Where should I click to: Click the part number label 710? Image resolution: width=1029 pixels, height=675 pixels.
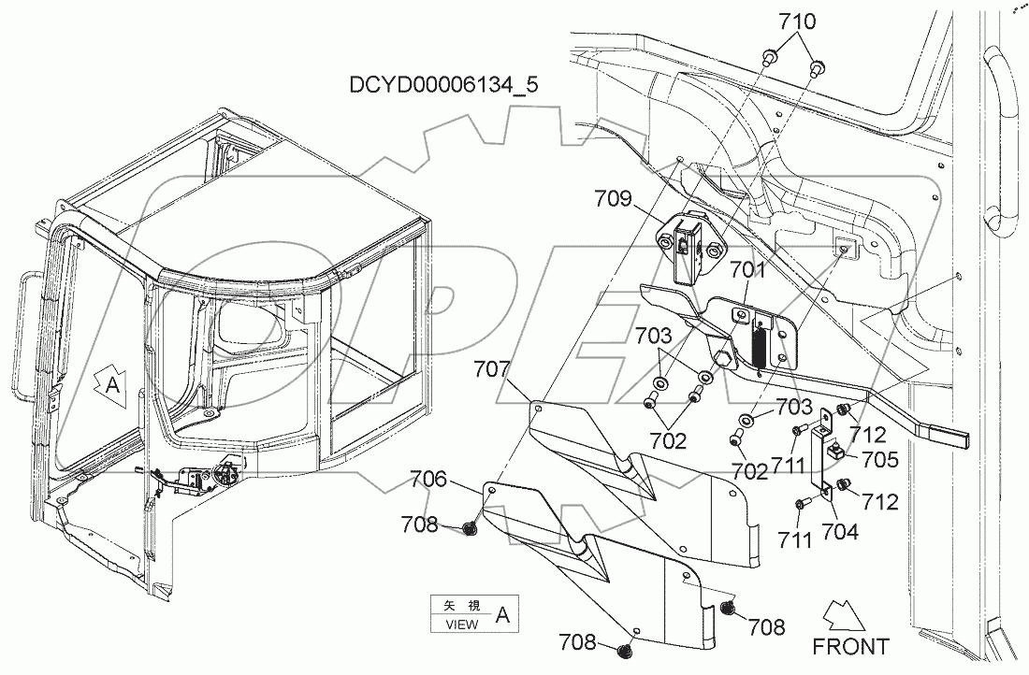[792, 22]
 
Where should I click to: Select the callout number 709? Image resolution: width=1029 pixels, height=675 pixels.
[614, 198]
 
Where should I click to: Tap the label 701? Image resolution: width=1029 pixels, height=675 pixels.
[748, 272]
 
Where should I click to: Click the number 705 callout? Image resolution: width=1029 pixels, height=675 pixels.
[880, 459]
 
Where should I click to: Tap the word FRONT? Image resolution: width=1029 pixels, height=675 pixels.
[850, 646]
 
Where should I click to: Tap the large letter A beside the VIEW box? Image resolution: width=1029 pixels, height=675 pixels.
[502, 615]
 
